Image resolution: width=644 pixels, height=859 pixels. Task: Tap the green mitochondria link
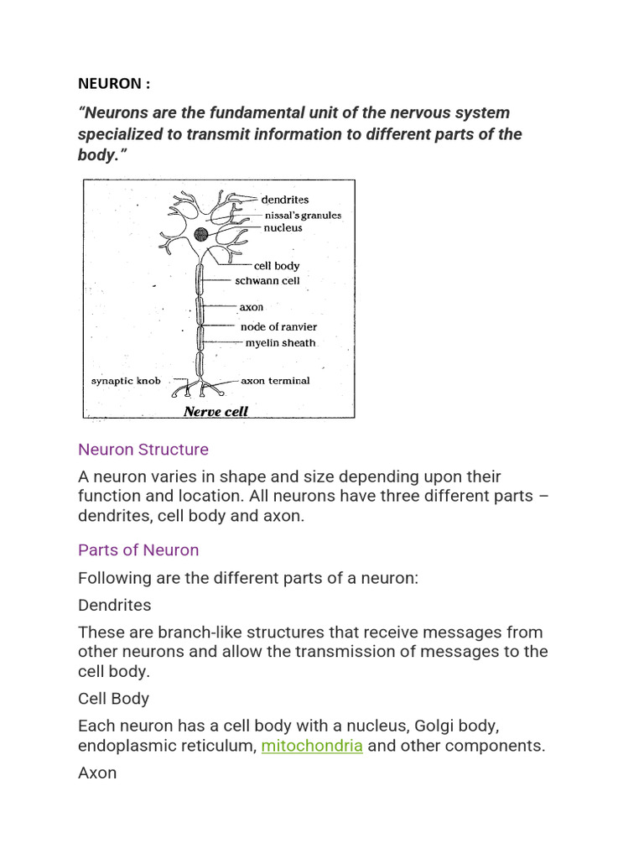pos(311,746)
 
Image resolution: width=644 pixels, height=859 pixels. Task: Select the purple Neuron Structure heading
pos(143,450)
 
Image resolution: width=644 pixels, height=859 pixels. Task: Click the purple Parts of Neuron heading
pos(138,550)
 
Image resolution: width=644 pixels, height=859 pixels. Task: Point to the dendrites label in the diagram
pos(284,200)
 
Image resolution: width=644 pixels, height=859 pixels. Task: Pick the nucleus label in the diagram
pos(283,227)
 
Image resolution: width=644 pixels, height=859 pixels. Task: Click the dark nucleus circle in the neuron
pos(202,235)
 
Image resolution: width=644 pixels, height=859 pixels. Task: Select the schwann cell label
pos(267,281)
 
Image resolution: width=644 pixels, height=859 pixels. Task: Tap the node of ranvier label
pos(278,326)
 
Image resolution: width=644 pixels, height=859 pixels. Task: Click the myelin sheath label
pos(280,342)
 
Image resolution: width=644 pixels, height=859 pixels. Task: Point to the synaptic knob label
pos(126,381)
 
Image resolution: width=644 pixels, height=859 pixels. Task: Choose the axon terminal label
pos(275,381)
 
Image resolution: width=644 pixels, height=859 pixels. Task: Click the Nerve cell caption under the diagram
pos(216,411)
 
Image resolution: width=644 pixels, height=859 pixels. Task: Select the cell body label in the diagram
pos(276,266)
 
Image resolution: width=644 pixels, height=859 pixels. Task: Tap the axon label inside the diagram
pos(252,308)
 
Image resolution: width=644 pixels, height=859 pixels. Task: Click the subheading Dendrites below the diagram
pos(114,605)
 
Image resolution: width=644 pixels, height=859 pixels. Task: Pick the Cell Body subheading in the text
pos(113,699)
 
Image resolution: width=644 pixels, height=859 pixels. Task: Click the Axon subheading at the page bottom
pos(97,773)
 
